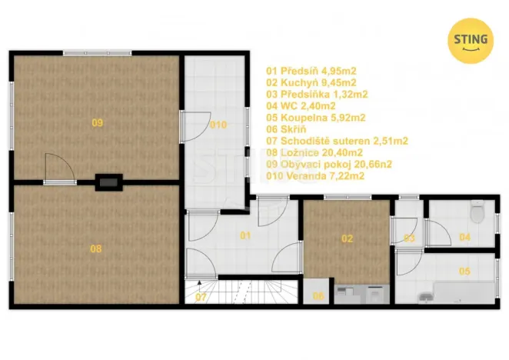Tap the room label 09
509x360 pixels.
click(97, 122)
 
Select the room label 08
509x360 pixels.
click(95, 248)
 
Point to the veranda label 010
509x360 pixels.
click(218, 125)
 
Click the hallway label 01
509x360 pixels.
click(245, 235)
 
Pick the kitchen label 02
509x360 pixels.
click(348, 238)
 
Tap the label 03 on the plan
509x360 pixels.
click(410, 238)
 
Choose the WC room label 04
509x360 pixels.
click(464, 238)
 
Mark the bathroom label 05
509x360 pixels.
click(464, 271)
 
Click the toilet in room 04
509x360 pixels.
click(477, 209)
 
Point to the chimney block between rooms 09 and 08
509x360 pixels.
click(107, 182)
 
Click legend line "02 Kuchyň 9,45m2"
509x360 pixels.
click(311, 82)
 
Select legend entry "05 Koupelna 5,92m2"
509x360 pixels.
click(315, 118)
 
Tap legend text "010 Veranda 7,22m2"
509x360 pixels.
click(315, 176)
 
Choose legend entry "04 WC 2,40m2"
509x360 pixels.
click(300, 106)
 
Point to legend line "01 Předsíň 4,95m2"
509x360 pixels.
click(311, 71)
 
